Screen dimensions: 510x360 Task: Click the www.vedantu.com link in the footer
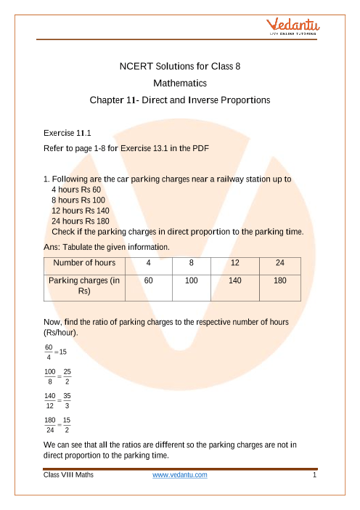click(x=180, y=475)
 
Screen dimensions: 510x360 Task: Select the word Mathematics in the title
click(x=179, y=83)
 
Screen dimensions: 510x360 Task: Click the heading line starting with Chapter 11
click(x=180, y=100)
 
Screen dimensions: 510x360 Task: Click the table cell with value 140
click(x=233, y=279)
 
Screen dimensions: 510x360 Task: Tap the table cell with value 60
click(x=148, y=279)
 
